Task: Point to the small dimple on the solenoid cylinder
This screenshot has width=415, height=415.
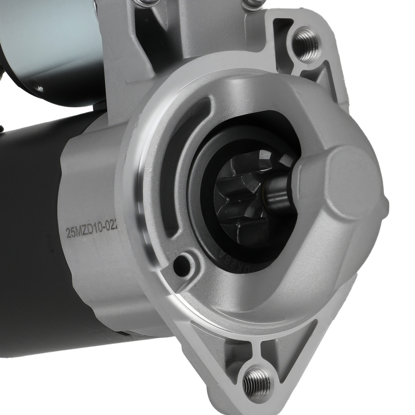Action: click(x=39, y=88)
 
